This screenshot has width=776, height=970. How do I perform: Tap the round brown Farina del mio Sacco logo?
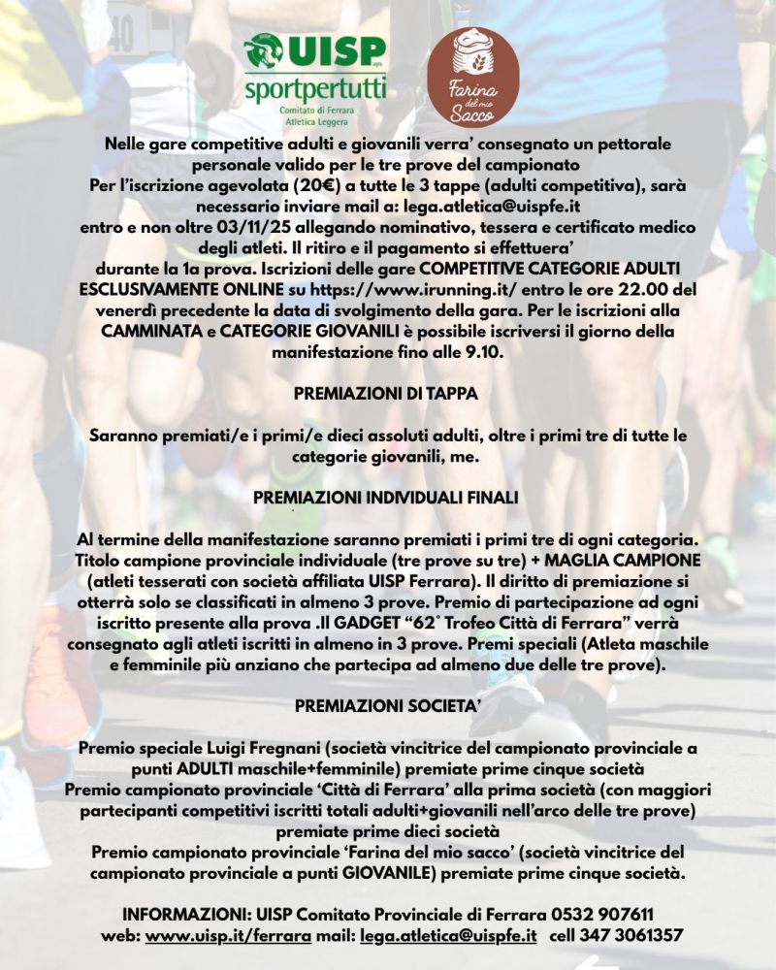pos(472,77)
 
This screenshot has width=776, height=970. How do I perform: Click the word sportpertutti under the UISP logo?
pos(315,90)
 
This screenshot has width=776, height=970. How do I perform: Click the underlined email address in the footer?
pos(447,936)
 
